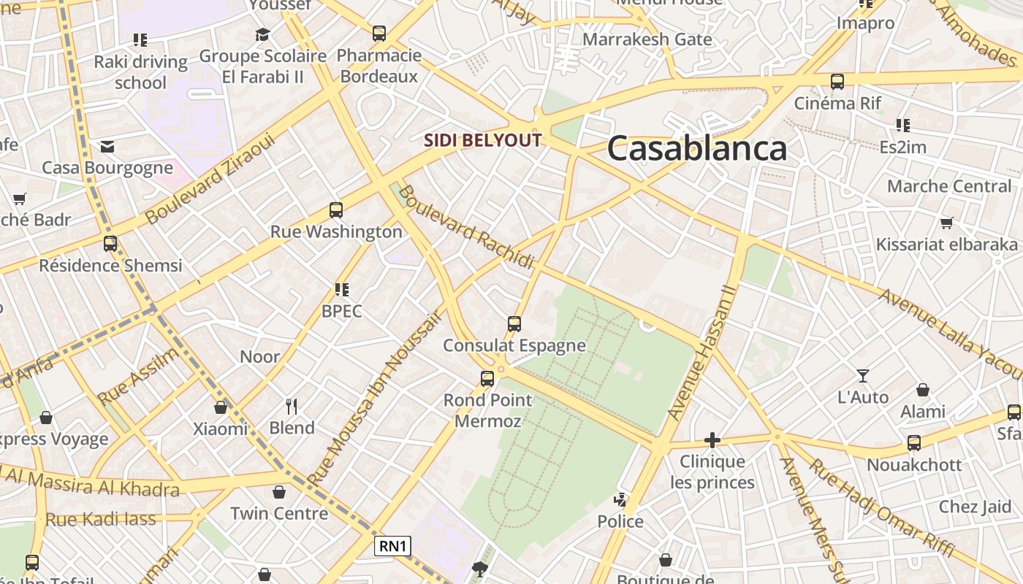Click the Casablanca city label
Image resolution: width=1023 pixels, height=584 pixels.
point(696,148)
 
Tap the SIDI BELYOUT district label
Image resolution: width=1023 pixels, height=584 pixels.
point(483,140)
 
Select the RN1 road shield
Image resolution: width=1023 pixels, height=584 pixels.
point(393,546)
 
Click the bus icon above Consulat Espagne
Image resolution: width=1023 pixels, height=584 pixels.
point(514,323)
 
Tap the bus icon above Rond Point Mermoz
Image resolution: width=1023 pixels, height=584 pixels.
point(487,378)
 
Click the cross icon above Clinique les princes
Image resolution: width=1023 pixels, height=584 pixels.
point(712,439)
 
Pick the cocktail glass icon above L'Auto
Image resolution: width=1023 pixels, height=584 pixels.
point(863,376)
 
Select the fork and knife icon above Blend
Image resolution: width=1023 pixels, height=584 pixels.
point(292,406)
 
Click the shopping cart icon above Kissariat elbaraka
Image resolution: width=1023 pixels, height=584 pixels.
point(947,223)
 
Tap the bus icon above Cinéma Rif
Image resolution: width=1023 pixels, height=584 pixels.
point(837,82)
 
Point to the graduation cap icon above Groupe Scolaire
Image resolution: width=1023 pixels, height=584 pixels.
point(262,34)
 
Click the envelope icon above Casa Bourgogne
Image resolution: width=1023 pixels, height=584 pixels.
point(107,147)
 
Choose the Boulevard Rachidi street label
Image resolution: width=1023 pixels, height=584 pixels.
point(467,226)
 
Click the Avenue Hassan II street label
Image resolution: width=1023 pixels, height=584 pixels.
point(702,352)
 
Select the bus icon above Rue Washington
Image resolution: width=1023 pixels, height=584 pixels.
point(336,210)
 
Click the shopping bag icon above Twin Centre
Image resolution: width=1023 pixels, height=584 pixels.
point(279,492)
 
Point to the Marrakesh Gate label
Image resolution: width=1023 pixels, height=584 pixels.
point(647,39)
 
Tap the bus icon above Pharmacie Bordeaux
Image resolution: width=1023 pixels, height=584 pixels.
point(379,33)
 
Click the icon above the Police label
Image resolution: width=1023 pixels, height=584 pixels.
point(620,500)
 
